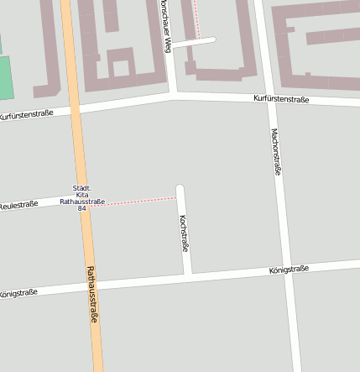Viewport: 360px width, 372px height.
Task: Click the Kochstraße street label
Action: (184, 233)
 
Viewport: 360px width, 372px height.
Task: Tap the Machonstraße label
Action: (275, 151)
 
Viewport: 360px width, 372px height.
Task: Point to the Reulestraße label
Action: (18, 205)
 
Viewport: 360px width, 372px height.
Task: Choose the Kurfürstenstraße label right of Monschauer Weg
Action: (281, 99)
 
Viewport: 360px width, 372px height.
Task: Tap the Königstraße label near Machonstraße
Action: (290, 270)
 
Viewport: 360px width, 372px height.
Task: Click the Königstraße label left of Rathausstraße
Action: (18, 293)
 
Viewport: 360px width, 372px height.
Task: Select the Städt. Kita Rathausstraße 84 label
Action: (82, 198)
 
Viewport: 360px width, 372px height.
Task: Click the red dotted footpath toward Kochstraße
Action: (134, 201)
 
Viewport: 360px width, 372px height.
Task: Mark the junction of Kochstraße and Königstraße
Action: (189, 276)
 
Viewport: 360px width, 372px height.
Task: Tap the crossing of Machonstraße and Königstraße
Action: (288, 270)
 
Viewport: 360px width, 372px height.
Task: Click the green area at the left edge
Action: (4, 76)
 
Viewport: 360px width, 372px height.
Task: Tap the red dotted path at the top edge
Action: (196, 17)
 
